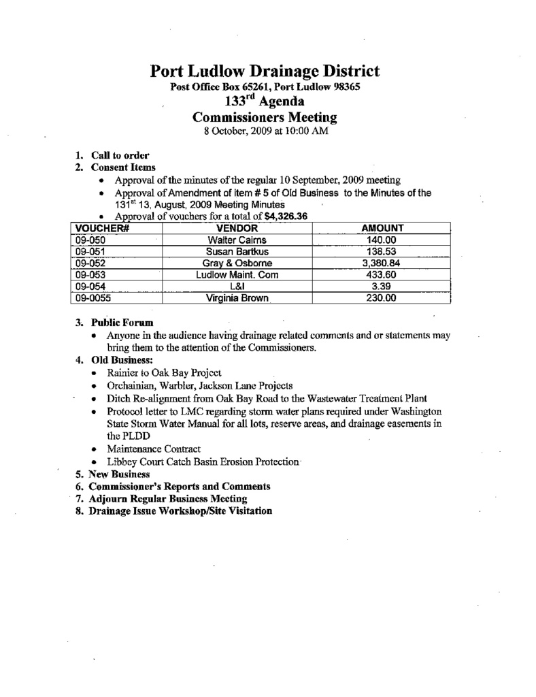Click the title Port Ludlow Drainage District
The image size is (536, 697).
[x=265, y=71]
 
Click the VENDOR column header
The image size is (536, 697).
[x=237, y=229]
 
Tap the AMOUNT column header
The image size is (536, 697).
[x=382, y=229]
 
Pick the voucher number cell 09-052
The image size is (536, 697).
[x=92, y=263]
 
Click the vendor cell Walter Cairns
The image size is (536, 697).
[x=237, y=240]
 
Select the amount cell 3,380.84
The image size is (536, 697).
[x=382, y=263]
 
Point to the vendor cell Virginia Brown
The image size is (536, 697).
[x=237, y=298]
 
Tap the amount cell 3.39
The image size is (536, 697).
[x=382, y=287]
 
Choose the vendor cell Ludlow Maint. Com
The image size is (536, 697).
[x=237, y=275]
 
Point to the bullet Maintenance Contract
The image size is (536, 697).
[x=154, y=450]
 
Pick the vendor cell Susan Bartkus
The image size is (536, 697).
[x=237, y=252]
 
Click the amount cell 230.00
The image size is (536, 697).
[x=382, y=298]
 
